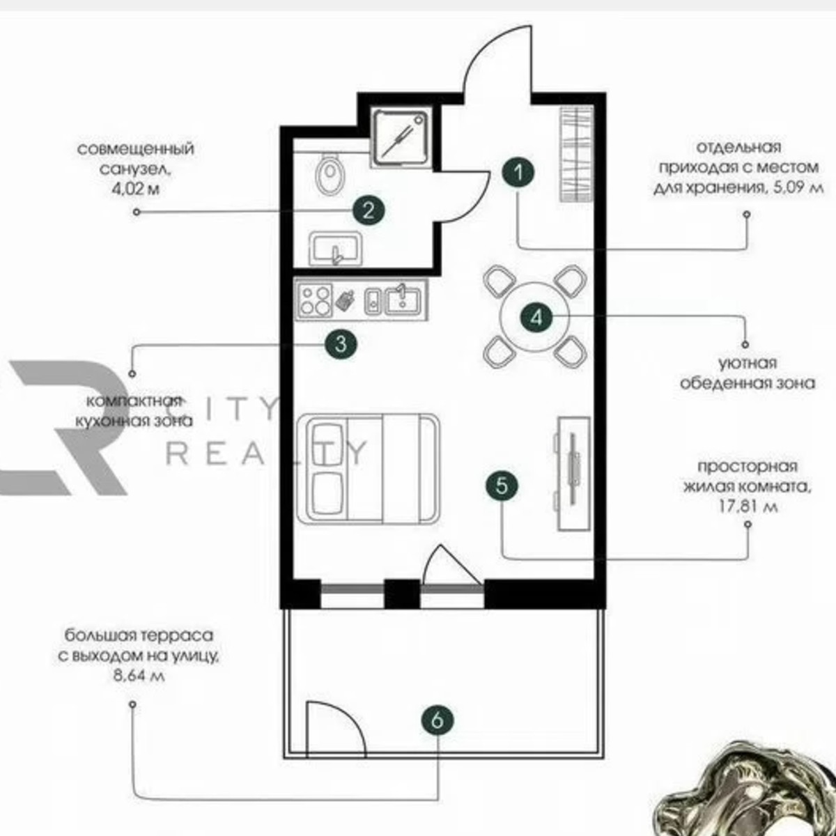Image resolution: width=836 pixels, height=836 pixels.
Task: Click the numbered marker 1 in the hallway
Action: [518, 171]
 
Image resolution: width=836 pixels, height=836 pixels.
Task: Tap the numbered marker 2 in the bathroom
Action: [369, 210]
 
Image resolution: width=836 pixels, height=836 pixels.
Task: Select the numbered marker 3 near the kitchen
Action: [340, 343]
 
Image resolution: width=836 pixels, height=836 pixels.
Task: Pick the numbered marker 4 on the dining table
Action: [536, 318]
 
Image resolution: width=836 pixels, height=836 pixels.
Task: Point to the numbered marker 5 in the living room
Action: [502, 485]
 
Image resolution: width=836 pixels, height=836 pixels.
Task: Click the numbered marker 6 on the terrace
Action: [437, 720]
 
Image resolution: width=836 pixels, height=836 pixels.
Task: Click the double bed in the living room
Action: [368, 467]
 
